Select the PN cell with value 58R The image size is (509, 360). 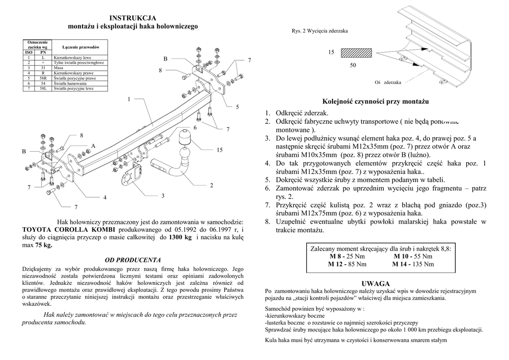[x=43, y=78]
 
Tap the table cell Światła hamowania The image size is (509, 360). [x=70, y=84]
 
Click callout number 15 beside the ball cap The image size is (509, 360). [x=220, y=150]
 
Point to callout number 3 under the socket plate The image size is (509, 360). [x=163, y=196]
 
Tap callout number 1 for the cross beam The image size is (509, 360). [x=129, y=99]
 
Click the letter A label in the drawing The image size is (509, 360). [x=92, y=145]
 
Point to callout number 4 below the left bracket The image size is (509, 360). [x=105, y=198]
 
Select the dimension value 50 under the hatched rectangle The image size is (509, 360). [x=353, y=66]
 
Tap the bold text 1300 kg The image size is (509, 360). [x=180, y=238]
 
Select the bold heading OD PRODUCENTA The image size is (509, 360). [x=132, y=260]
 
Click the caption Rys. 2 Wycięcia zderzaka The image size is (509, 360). [x=320, y=31]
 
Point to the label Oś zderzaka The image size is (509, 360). [x=388, y=82]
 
